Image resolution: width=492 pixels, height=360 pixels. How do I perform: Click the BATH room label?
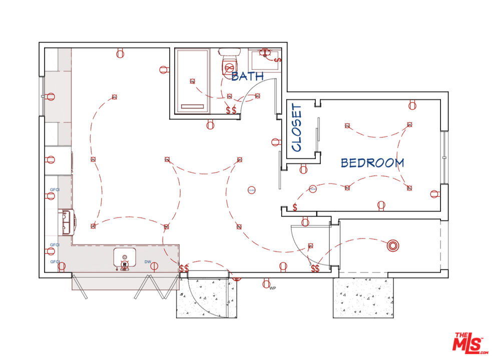click(247, 76)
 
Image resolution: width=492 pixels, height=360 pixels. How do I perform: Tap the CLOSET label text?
click(297, 128)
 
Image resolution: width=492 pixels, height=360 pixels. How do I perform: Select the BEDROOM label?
click(372, 162)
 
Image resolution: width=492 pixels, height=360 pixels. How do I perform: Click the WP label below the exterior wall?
click(273, 288)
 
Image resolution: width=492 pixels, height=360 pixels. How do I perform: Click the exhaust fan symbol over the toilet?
click(230, 66)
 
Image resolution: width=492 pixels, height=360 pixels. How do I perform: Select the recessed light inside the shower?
click(191, 81)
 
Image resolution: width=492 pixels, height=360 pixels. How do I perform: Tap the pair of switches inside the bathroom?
click(231, 110)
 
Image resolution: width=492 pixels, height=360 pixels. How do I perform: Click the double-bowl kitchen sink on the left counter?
click(66, 222)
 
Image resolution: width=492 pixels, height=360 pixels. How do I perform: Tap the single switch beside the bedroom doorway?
click(295, 207)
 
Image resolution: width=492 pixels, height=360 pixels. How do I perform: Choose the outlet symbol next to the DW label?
click(154, 266)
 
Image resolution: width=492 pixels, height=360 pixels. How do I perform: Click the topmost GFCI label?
click(54, 190)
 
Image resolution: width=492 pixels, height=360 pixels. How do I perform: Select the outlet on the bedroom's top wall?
click(412, 105)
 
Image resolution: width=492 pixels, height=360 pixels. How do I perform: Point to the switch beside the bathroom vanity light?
click(278, 60)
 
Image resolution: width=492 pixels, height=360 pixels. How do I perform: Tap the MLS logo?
click(468, 343)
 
